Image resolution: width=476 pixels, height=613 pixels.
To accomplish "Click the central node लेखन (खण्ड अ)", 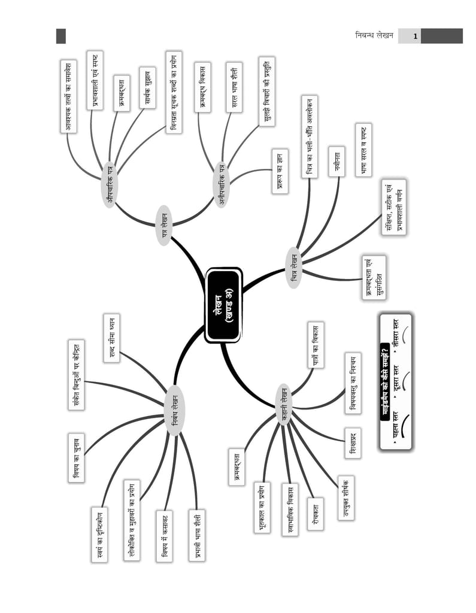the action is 224,305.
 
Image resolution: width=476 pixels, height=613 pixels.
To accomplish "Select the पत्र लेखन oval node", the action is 164,225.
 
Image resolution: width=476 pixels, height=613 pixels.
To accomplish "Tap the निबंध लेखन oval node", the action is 174,410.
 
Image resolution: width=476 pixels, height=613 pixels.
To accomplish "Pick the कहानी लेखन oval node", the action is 284,405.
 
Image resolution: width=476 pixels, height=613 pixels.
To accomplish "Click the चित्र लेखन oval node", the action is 294,268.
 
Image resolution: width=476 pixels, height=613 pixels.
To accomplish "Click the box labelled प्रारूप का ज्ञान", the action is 280,171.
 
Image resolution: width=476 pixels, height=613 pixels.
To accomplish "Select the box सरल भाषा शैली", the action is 234,87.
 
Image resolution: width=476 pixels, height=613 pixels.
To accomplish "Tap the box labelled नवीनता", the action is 336,162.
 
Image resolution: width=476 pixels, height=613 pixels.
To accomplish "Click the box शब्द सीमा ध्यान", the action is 112,338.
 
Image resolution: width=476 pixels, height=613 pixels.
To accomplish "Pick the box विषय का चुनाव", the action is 76,457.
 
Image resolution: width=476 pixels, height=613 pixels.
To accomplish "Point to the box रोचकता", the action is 316,514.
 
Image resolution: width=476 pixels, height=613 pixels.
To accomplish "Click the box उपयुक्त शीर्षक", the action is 346,498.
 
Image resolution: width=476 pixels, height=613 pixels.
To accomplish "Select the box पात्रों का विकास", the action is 316,345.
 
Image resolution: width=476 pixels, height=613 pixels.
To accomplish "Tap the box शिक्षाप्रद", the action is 353,443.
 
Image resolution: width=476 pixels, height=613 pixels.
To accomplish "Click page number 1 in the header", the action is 415,37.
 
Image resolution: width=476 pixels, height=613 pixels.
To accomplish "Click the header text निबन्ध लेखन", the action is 374,35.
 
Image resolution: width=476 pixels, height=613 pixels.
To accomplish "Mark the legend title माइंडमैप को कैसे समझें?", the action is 385,382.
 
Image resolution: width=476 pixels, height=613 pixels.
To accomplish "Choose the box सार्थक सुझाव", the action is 147,87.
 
